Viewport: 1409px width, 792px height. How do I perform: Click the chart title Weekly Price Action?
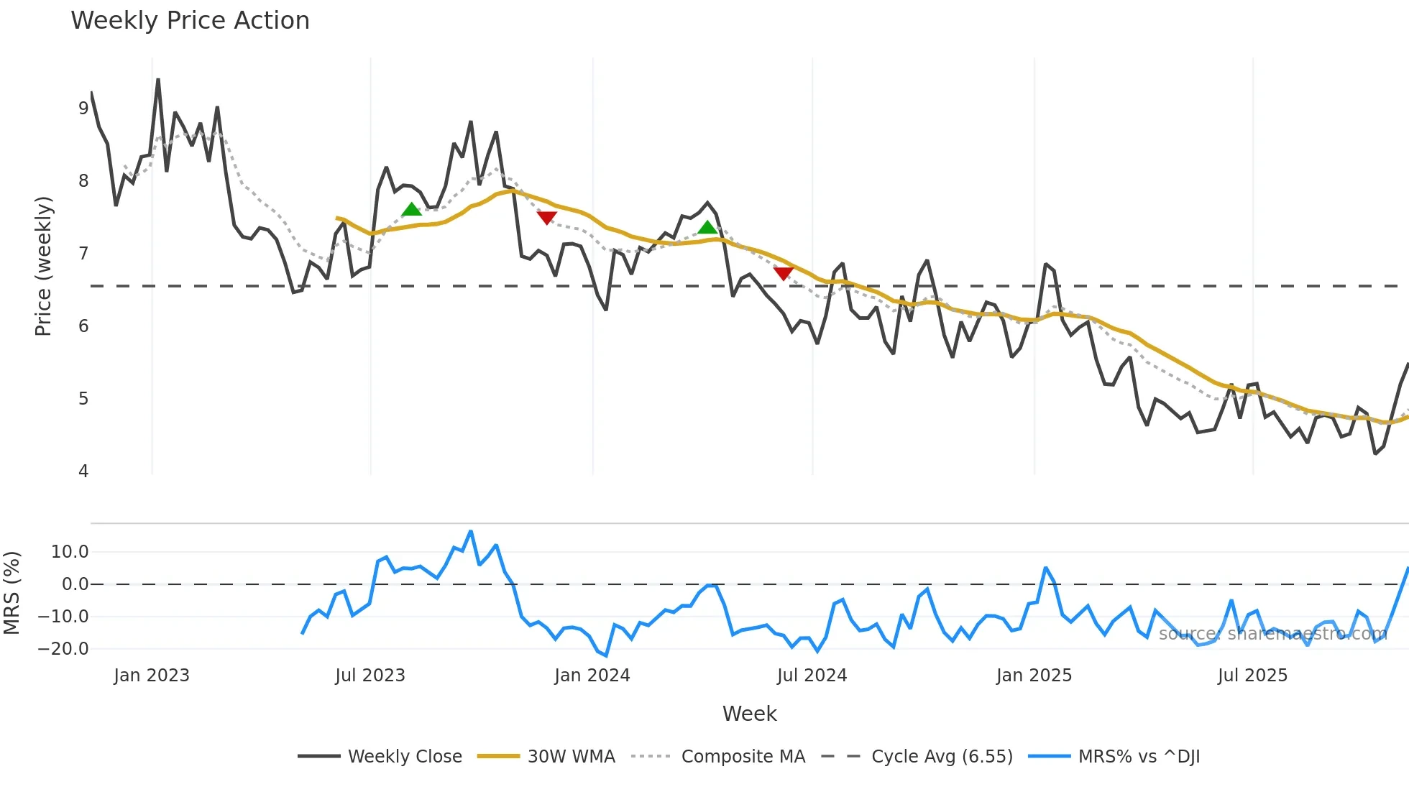(190, 21)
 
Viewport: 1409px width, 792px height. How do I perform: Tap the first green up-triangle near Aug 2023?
(411, 210)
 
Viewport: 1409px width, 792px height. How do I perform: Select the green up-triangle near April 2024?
(707, 228)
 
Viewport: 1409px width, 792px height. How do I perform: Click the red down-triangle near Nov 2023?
(546, 217)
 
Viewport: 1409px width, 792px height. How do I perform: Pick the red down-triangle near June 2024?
(783, 273)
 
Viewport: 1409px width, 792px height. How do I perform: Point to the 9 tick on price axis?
(83, 109)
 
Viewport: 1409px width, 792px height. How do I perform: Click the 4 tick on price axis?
(83, 471)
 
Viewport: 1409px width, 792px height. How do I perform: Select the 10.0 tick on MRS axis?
(70, 552)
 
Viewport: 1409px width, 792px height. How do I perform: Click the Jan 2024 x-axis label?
(592, 676)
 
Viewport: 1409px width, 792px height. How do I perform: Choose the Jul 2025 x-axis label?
(1252, 676)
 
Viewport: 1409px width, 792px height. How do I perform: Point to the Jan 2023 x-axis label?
(152, 676)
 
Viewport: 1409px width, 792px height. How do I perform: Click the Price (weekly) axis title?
(43, 266)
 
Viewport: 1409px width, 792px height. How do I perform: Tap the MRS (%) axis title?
(12, 593)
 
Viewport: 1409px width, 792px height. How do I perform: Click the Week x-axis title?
(749, 714)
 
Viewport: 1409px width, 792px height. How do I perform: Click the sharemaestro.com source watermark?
(1272, 634)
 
